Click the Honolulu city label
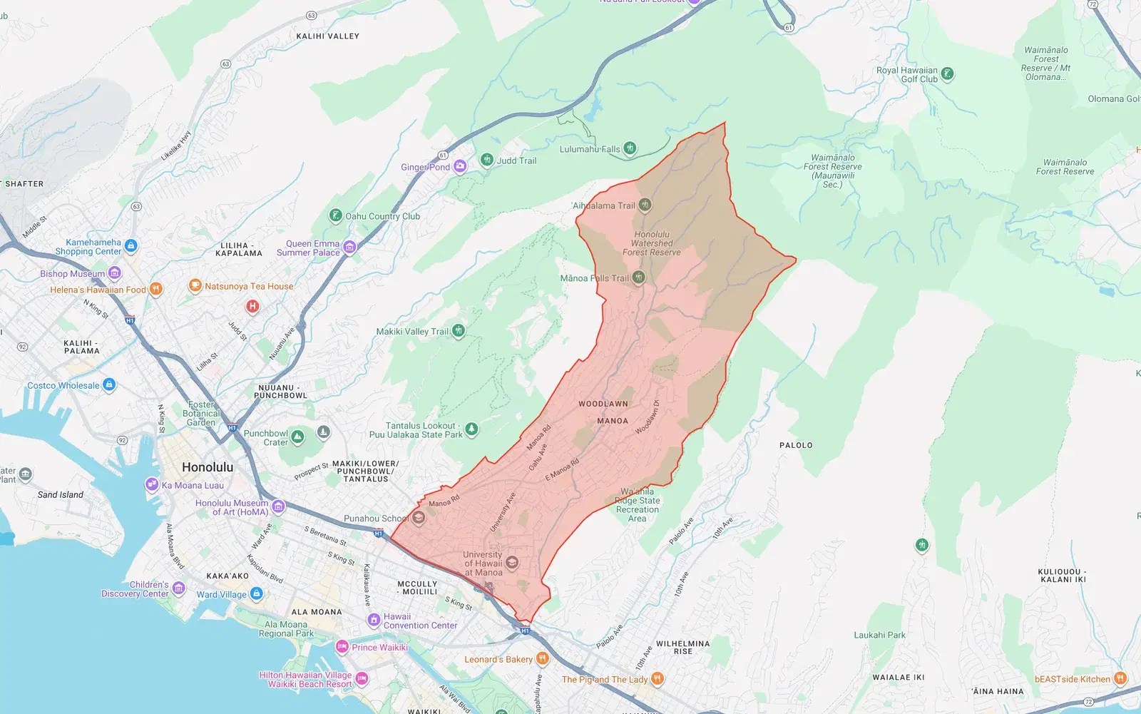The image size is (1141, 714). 207,467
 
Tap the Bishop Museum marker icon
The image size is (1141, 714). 115,273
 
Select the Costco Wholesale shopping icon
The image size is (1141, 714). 109,385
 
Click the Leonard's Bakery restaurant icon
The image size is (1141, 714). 542,659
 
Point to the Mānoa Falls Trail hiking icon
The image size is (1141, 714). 639,277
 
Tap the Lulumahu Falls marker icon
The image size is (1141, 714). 630,148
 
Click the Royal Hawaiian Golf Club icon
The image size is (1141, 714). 947,74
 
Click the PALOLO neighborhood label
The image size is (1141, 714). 796,445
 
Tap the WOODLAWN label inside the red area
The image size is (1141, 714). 603,404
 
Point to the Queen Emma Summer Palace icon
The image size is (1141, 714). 349,248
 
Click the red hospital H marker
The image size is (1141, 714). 252,307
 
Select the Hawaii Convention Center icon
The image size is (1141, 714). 374,620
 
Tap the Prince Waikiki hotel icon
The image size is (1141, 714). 342,647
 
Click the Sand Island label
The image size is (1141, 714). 61,494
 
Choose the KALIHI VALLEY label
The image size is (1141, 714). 327,36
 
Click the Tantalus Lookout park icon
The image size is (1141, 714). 471,429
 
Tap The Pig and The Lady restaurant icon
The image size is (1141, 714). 658,679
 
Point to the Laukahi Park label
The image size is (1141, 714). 879,635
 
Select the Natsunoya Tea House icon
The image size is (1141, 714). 195,286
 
